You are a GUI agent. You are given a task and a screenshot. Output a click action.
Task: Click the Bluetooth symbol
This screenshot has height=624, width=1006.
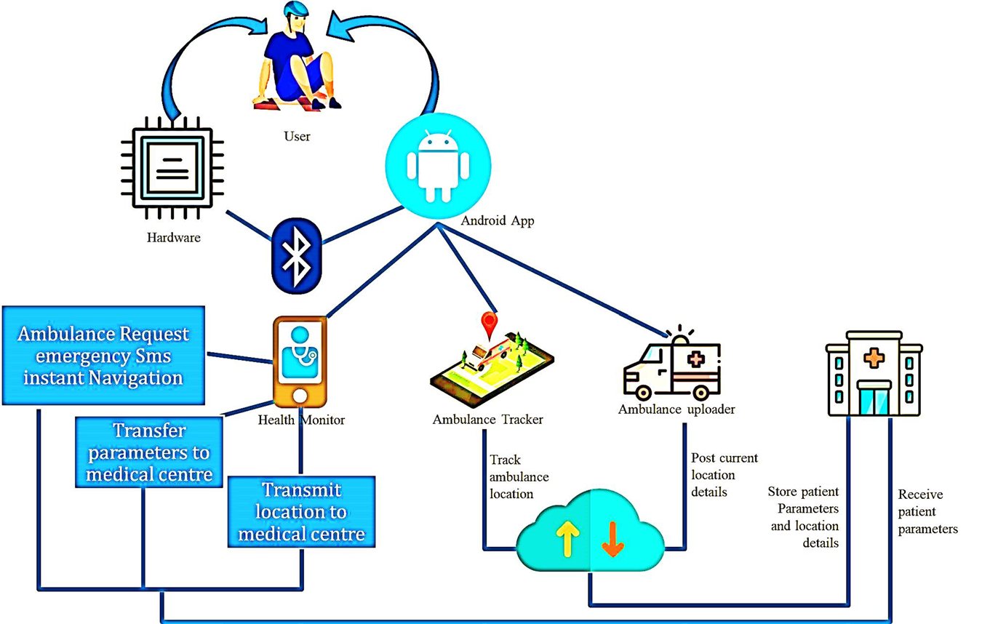(295, 254)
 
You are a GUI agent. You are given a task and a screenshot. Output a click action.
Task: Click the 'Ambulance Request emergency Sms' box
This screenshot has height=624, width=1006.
(103, 356)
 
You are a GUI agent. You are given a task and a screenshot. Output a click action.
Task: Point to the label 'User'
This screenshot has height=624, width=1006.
(298, 135)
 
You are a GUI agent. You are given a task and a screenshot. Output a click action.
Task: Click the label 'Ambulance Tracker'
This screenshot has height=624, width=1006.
(488, 419)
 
